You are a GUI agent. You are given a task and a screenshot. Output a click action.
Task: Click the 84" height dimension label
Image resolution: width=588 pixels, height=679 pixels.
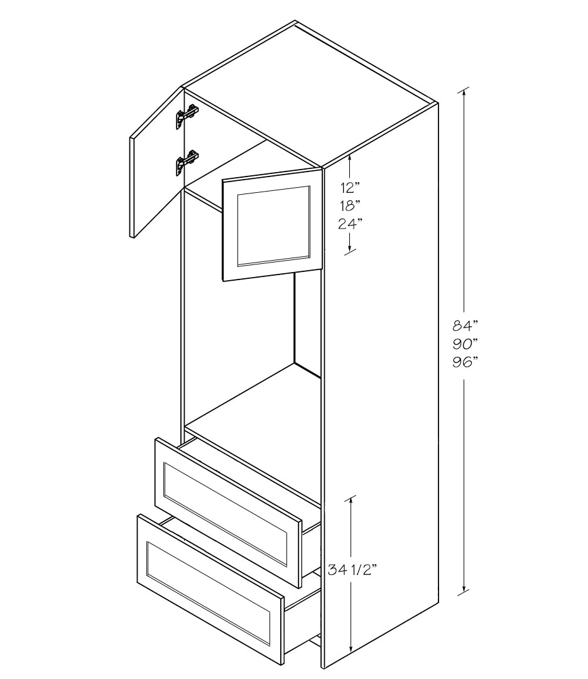click(x=465, y=324)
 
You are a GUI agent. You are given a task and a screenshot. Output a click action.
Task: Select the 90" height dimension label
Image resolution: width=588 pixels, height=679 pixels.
click(x=465, y=344)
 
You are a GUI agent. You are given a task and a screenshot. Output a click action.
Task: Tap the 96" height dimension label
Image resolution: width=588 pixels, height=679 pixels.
click(x=465, y=362)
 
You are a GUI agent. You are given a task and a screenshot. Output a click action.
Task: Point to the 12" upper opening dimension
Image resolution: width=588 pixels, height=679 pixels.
click(x=351, y=188)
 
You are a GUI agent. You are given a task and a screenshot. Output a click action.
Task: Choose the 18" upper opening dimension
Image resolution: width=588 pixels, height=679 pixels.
click(x=351, y=205)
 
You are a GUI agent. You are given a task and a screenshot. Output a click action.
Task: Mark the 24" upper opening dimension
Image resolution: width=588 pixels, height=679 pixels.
click(x=351, y=224)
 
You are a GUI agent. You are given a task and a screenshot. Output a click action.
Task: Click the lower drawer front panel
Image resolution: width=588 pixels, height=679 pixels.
click(x=210, y=589)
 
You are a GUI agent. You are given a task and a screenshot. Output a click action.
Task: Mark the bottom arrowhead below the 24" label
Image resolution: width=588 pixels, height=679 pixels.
click(x=350, y=247)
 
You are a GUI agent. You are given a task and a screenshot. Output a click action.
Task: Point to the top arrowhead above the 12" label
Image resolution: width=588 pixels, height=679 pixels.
click(x=350, y=158)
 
